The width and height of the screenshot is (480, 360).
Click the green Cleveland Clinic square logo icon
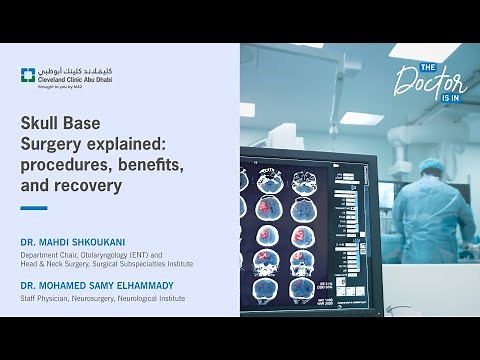[28, 75]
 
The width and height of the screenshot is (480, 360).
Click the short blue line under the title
[34, 208]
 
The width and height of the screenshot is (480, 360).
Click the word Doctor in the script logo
[430, 80]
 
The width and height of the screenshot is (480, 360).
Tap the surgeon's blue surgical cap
[433, 167]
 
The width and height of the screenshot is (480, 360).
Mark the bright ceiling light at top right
[420, 50]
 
